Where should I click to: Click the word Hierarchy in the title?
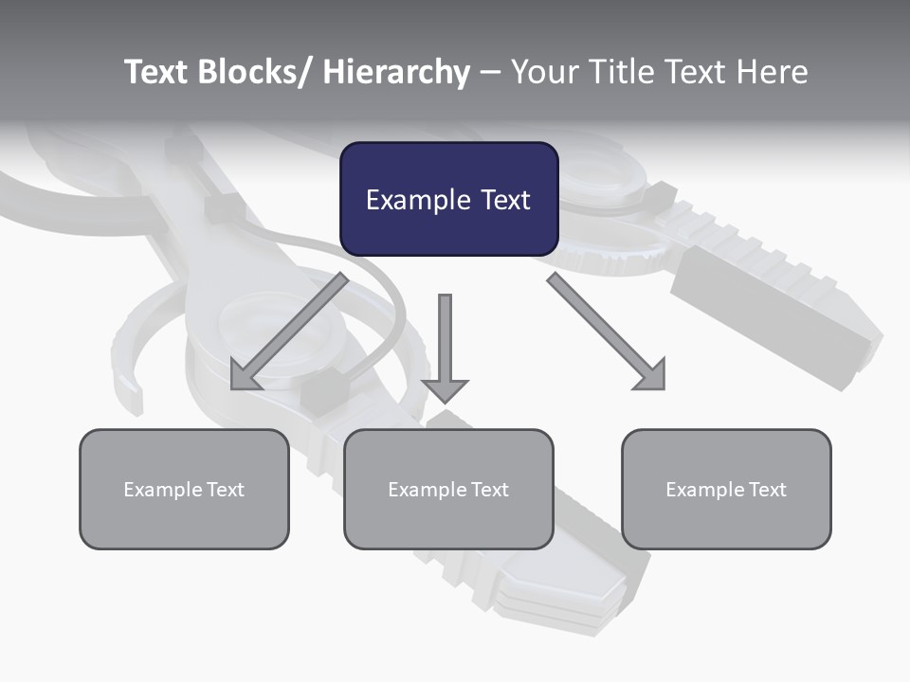tap(396, 72)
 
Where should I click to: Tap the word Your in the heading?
tap(543, 72)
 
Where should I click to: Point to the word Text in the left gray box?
tap(225, 490)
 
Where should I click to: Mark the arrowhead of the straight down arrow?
tap(445, 390)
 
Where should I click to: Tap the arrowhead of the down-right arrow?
tap(651, 376)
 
